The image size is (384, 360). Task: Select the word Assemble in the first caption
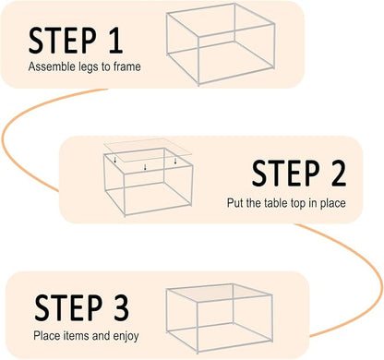(48, 67)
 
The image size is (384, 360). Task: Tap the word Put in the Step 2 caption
(234, 201)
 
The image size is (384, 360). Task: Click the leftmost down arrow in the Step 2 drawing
(113, 161)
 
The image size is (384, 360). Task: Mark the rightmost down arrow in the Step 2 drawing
(175, 161)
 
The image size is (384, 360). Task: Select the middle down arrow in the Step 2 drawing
(145, 168)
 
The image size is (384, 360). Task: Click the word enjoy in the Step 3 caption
(123, 335)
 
